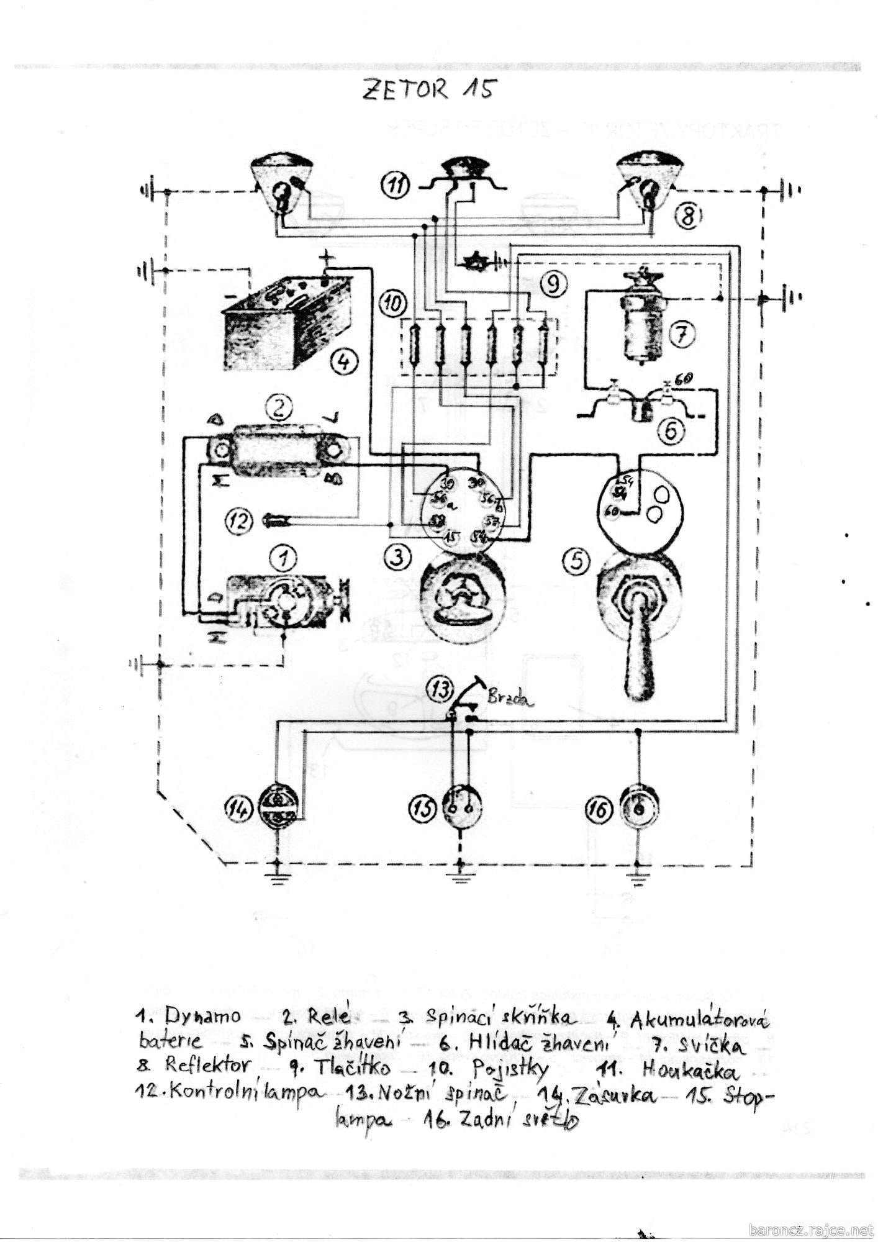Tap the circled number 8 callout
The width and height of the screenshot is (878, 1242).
pos(689,217)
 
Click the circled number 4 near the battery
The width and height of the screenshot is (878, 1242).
pos(344,361)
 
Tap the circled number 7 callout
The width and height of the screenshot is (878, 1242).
pos(681,335)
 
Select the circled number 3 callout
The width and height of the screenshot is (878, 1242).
pos(397,556)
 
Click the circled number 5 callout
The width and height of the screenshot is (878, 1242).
pos(576,561)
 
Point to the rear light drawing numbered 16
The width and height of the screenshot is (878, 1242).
pos(638,808)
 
